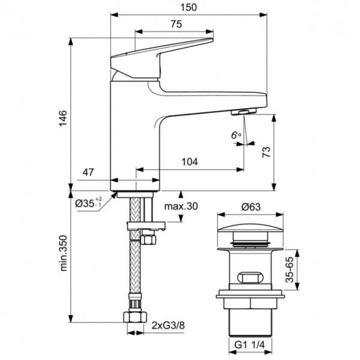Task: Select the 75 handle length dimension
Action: pyautogui.click(x=176, y=24)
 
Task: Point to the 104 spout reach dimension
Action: pyautogui.click(x=190, y=162)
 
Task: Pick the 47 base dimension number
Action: pyautogui.click(x=88, y=173)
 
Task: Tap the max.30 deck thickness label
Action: pyautogui.click(x=181, y=206)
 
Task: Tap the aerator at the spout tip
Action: pyautogui.click(x=244, y=112)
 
